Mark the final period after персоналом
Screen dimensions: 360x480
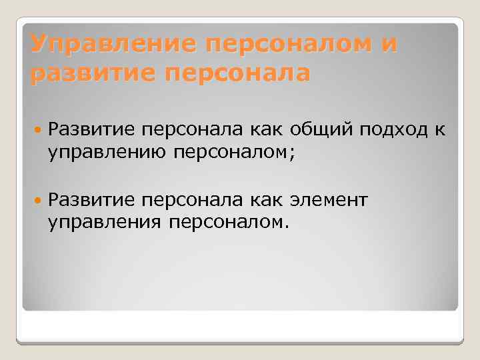click(287, 224)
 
